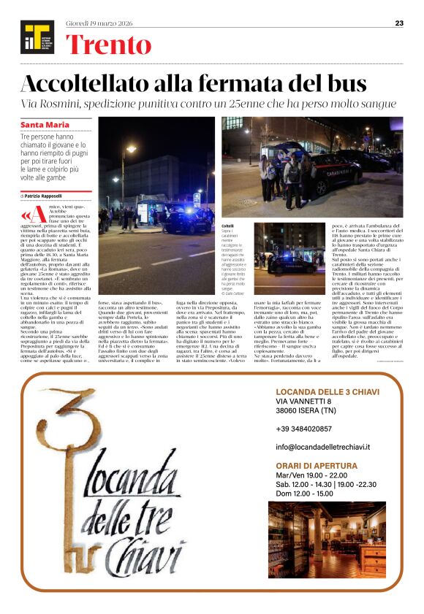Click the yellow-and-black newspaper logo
(x=37, y=37)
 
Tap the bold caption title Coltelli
(x=227, y=226)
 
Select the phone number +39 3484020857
(x=303, y=429)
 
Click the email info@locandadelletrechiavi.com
(x=329, y=446)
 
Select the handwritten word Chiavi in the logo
(x=146, y=540)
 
